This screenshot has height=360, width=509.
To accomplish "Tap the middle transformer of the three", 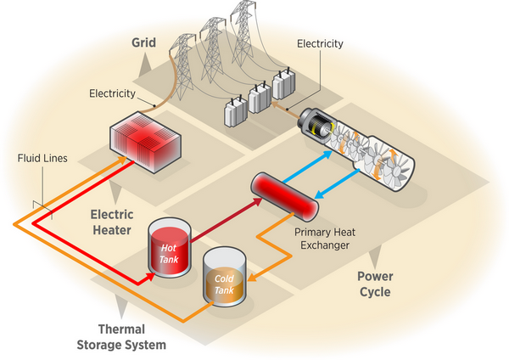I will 259,101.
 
